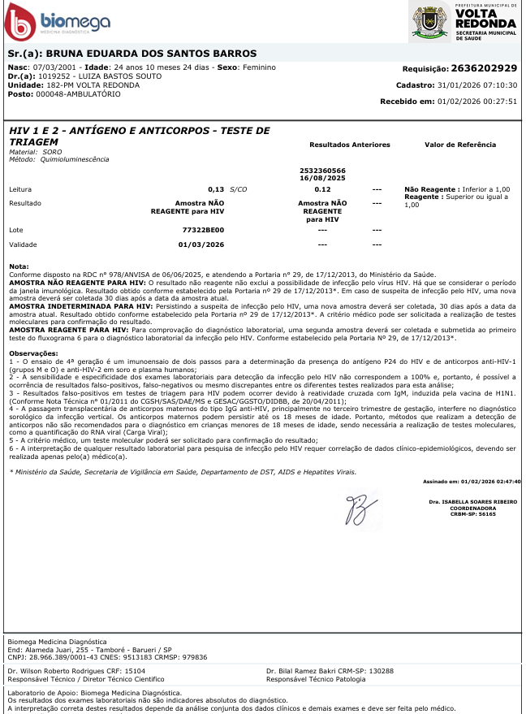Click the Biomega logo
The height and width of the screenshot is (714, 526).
[57, 21]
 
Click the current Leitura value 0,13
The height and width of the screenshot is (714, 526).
[215, 188]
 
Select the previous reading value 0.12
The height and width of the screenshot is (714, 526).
[322, 188]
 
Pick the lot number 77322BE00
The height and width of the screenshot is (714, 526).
[203, 230]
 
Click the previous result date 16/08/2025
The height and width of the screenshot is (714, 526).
[322, 177]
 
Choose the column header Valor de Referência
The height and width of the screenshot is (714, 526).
[459, 145]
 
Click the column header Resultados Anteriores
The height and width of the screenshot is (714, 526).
[350, 145]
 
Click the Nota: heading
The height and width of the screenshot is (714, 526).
[18, 266]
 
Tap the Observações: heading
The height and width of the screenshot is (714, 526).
[34, 353]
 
